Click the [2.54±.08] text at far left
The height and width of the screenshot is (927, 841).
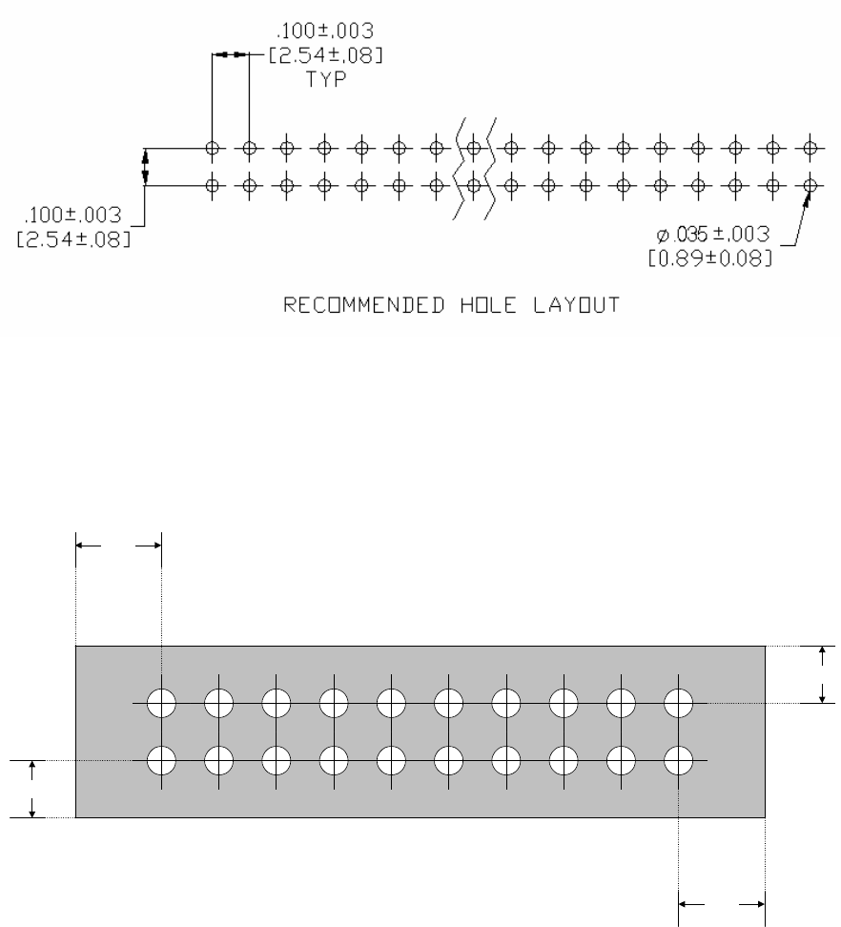pyautogui.click(x=73, y=238)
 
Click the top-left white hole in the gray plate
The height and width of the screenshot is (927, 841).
pyautogui.click(x=162, y=703)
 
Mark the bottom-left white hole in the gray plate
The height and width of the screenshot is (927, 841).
pyautogui.click(x=162, y=760)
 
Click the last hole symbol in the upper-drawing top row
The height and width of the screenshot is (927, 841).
pyautogui.click(x=810, y=148)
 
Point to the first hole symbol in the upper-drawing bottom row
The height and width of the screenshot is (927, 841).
pyautogui.click(x=213, y=185)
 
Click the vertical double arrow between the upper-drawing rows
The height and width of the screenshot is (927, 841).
pyautogui.click(x=145, y=167)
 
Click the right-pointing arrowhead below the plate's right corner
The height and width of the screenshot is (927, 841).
pyautogui.click(x=760, y=901)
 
